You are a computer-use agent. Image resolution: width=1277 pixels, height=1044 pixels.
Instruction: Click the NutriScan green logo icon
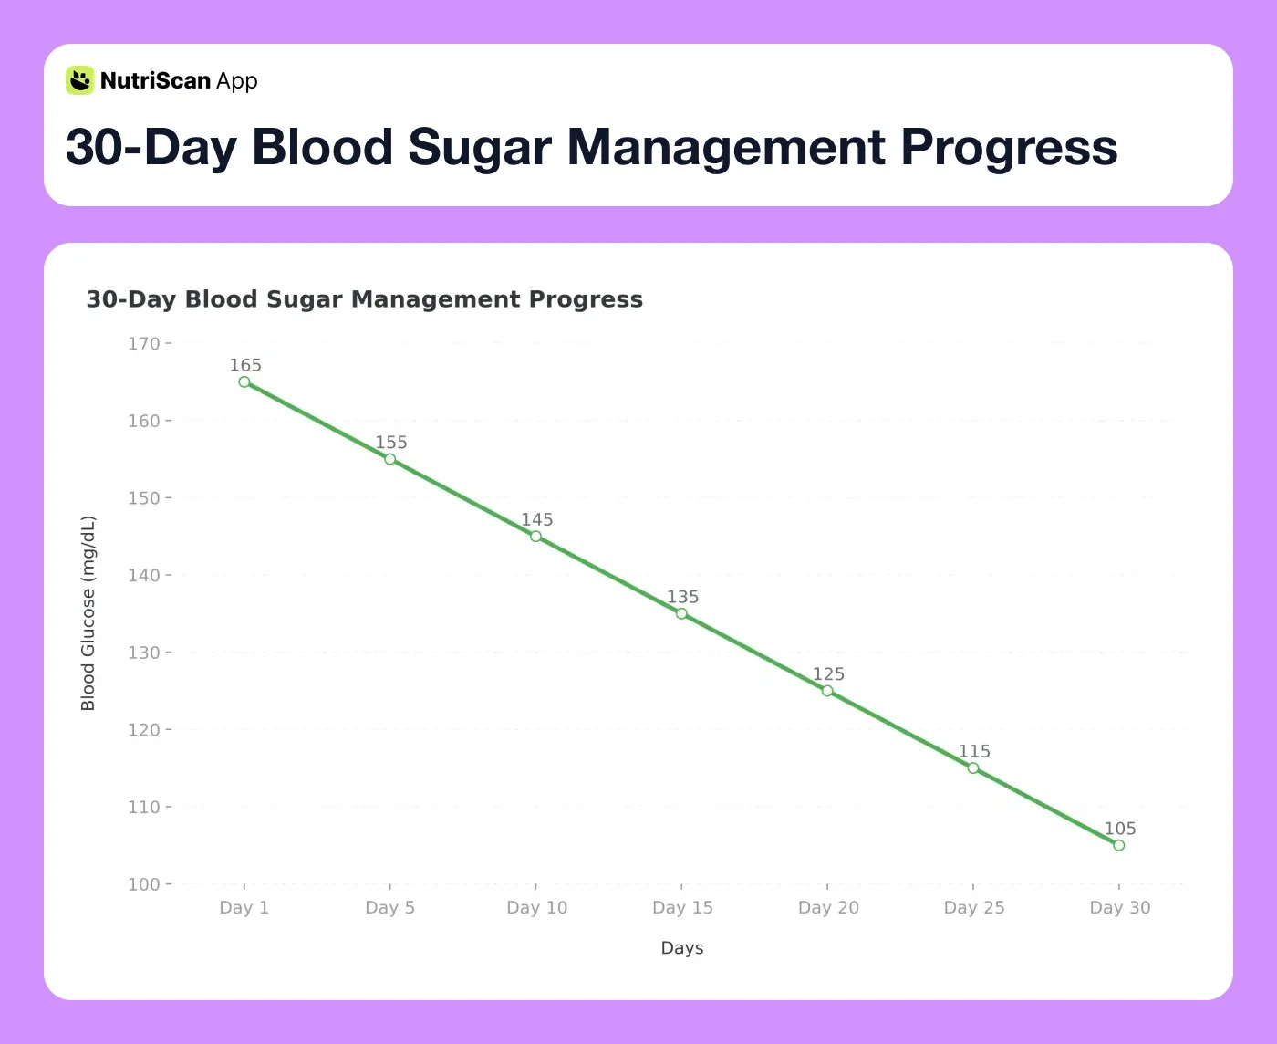click(80, 80)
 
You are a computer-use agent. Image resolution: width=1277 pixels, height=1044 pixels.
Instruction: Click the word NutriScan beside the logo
click(155, 81)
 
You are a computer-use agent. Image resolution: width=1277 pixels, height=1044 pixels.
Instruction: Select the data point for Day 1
click(244, 382)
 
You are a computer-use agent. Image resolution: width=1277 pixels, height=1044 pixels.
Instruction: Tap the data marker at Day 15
click(681, 614)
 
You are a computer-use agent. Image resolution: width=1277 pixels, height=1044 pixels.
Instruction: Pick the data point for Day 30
click(1119, 845)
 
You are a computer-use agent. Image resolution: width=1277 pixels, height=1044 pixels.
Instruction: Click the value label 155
click(391, 443)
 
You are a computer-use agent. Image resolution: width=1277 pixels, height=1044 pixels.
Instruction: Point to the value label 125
click(828, 674)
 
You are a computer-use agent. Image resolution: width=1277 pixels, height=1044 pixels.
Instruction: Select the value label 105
click(1120, 829)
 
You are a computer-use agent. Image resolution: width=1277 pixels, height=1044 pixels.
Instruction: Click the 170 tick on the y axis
click(143, 344)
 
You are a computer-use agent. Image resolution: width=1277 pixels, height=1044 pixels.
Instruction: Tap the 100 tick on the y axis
click(143, 884)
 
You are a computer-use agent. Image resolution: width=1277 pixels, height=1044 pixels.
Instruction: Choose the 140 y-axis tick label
click(143, 576)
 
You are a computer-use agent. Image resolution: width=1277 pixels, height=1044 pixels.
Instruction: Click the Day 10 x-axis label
click(536, 908)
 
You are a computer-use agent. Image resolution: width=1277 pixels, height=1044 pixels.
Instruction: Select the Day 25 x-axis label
click(973, 908)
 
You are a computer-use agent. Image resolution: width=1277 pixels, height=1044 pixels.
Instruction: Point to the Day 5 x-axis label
click(389, 908)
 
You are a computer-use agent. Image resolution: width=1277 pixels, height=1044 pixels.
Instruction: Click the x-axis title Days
click(681, 948)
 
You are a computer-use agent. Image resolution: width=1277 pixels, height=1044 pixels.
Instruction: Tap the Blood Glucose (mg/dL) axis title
click(88, 613)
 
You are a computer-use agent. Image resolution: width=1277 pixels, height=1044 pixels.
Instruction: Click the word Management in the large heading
click(726, 147)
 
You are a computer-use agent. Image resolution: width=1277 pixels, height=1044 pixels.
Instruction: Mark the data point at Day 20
click(827, 691)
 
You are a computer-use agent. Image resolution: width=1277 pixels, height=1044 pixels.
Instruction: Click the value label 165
click(245, 365)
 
